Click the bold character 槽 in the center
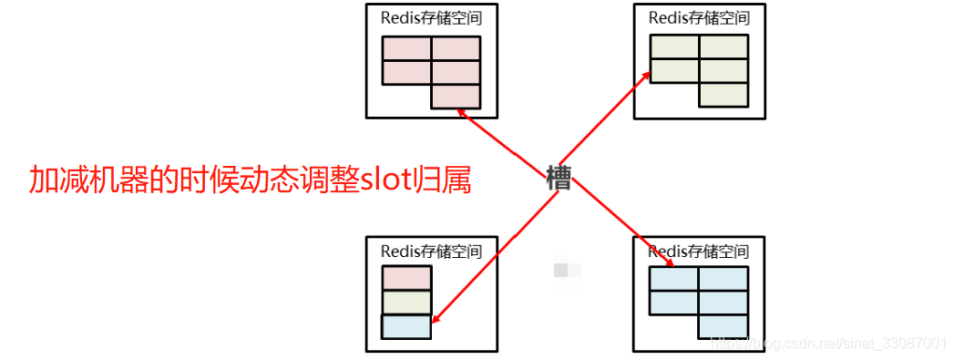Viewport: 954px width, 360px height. [x=559, y=178]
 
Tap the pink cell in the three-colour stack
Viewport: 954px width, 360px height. [x=405, y=279]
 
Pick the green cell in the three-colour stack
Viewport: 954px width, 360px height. [x=405, y=303]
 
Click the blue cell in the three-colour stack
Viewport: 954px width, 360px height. [x=405, y=326]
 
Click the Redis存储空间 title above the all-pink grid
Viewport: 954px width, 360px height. [x=431, y=18]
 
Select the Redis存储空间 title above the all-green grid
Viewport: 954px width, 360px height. [x=699, y=18]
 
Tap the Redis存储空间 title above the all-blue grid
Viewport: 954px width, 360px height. [x=699, y=251]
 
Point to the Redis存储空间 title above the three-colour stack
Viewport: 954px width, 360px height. [x=431, y=251]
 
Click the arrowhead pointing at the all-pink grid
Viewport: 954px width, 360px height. [x=461, y=112]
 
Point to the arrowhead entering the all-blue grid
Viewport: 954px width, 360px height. [x=670, y=263]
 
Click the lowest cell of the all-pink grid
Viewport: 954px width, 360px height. [x=456, y=96]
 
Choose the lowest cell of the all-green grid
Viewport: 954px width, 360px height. [x=723, y=95]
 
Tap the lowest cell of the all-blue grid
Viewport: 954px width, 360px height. [x=723, y=326]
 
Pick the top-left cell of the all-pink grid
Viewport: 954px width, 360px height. [x=406, y=48]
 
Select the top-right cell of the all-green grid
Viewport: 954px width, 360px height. [x=723, y=46]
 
